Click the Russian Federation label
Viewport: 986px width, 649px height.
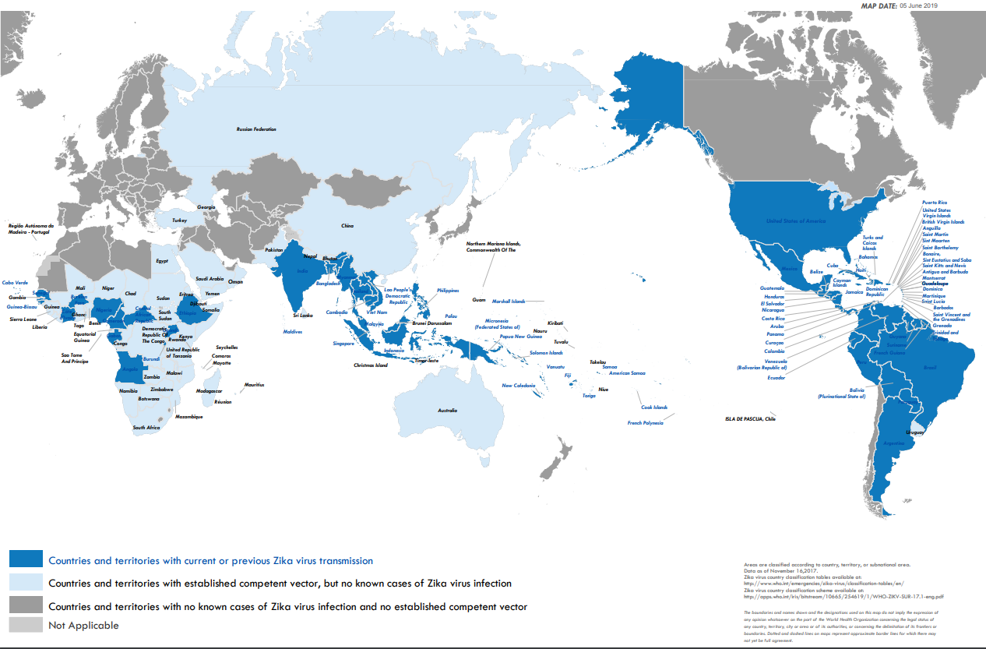256,129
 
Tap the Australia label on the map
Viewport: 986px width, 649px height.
447,411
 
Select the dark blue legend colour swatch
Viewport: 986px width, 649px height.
25,559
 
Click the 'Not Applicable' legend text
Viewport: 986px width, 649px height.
83,625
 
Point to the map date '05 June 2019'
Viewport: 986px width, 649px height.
918,5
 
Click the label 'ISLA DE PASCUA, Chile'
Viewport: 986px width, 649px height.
750,419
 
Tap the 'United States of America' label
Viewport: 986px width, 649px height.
795,221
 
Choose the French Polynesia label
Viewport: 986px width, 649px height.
646,423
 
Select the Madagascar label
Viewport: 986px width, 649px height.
210,391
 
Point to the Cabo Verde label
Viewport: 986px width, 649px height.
15,283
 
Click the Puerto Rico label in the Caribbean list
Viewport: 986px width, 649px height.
935,203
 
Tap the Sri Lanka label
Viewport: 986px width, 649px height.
302,316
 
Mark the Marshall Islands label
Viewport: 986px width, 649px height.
508,301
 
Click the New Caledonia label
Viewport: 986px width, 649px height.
518,386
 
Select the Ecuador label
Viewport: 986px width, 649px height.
776,378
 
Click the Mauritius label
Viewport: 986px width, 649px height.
254,385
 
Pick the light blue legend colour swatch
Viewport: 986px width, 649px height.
25,582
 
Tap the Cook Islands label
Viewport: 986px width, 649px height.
654,407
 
